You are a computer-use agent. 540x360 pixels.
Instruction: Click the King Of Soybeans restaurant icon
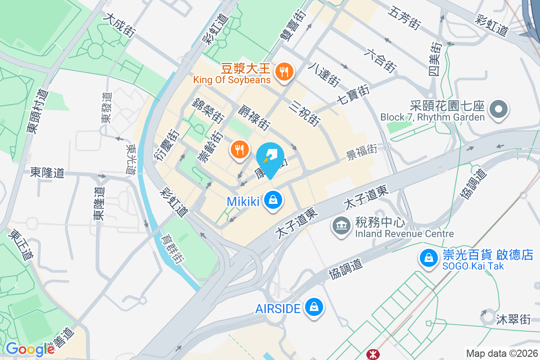(284, 72)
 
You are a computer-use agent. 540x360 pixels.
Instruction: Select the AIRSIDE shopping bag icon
(313, 308)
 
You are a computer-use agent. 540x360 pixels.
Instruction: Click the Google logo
(30, 349)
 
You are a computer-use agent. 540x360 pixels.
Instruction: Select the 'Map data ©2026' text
(501, 353)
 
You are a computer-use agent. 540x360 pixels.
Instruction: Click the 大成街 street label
(119, 24)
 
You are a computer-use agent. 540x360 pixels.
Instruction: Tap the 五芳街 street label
(405, 18)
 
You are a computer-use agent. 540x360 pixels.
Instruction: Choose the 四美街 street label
(435, 59)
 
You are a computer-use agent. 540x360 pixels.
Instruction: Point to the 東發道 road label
(106, 108)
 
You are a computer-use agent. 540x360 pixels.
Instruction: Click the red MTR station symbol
(373, 354)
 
